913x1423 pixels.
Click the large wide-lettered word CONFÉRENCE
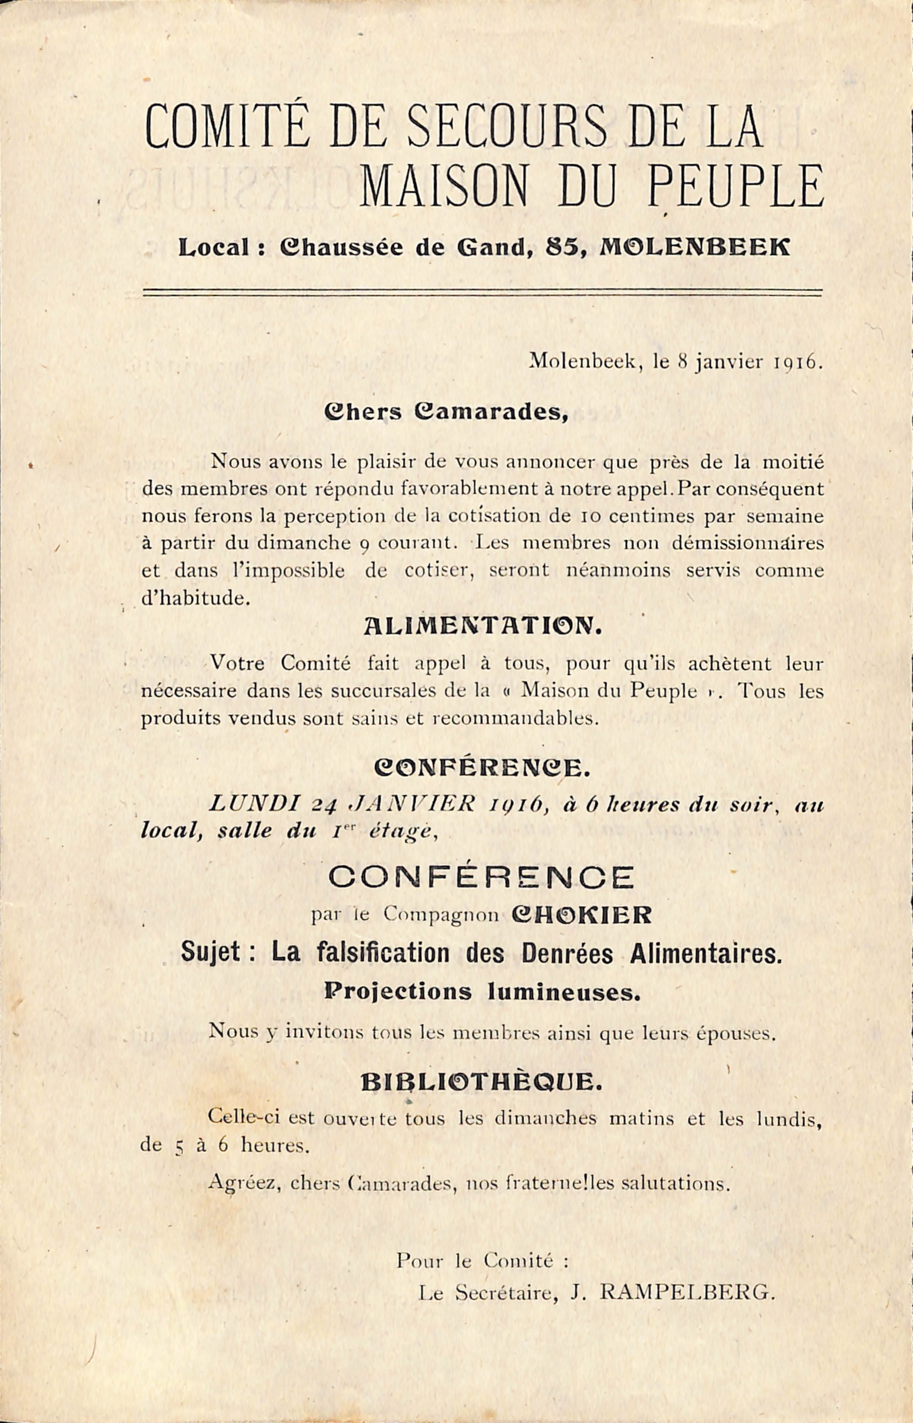point(481,877)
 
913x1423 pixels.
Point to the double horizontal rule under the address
point(482,292)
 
